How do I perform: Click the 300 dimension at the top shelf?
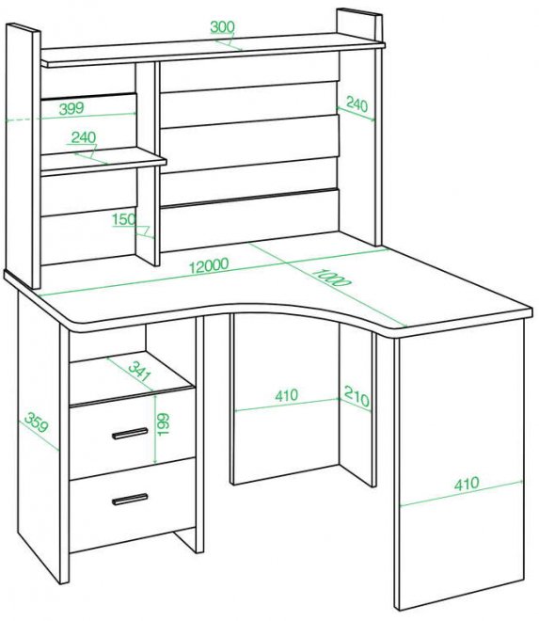pyautogui.click(x=222, y=27)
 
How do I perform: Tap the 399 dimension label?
pyautogui.click(x=71, y=108)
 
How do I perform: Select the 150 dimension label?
pyautogui.click(x=124, y=219)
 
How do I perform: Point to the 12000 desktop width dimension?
pyautogui.click(x=208, y=265)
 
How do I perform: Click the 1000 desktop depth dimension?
pyautogui.click(x=331, y=278)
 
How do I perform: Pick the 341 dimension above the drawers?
pyautogui.click(x=139, y=371)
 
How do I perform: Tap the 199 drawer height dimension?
pyautogui.click(x=163, y=424)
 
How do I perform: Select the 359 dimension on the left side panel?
pyautogui.click(x=37, y=422)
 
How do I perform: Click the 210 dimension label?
pyautogui.click(x=357, y=396)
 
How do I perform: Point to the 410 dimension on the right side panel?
pyautogui.click(x=467, y=484)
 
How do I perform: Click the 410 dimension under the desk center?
pyautogui.click(x=287, y=395)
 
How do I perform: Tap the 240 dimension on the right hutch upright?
pyautogui.click(x=357, y=104)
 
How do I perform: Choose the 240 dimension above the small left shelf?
pyautogui.click(x=84, y=137)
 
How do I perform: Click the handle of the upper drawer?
pyautogui.click(x=130, y=433)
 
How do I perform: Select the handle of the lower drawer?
pyautogui.click(x=130, y=500)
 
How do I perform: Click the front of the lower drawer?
pyautogui.click(x=133, y=504)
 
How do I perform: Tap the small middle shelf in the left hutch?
pyautogui.click(x=103, y=161)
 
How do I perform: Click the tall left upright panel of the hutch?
pyautogui.click(x=24, y=155)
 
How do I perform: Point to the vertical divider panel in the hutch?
pyautogui.click(x=148, y=163)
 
